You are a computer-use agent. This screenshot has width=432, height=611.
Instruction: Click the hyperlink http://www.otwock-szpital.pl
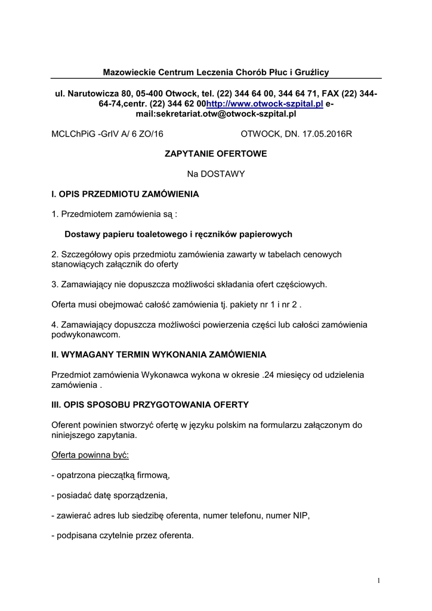(x=264, y=104)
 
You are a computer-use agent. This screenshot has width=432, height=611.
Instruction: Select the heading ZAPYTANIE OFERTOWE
(x=215, y=154)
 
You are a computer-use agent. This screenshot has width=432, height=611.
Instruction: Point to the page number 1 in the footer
(x=379, y=581)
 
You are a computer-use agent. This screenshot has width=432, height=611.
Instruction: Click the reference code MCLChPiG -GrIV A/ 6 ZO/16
(x=107, y=134)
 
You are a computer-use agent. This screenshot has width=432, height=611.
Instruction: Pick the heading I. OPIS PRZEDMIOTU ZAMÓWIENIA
(x=125, y=194)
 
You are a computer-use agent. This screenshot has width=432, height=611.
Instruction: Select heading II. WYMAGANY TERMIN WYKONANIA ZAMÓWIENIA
(x=159, y=354)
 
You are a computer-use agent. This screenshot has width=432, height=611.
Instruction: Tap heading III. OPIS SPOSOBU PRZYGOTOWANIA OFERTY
(x=150, y=405)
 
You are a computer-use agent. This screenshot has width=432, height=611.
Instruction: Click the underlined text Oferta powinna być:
(x=90, y=455)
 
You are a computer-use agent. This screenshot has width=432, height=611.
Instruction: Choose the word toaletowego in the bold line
(x=156, y=234)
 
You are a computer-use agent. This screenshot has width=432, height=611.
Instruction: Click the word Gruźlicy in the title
(x=312, y=72)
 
